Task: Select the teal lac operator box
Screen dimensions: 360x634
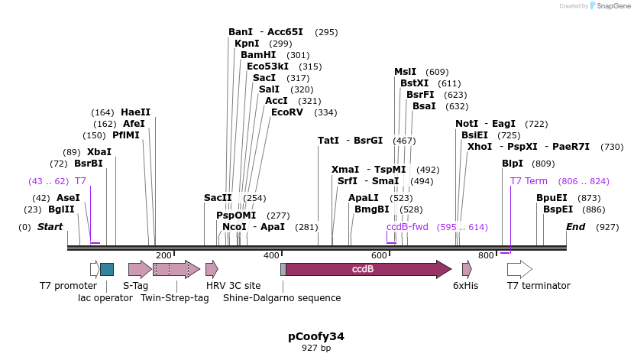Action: pyautogui.click(x=107, y=269)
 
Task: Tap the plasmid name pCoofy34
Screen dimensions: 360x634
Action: pyautogui.click(x=316, y=336)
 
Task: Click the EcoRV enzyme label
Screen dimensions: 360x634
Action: pyautogui.click(x=287, y=112)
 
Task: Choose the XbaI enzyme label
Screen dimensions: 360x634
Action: pyautogui.click(x=99, y=152)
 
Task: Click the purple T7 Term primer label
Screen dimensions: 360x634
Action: pyautogui.click(x=529, y=181)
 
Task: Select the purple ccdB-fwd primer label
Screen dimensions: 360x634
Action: pyautogui.click(x=407, y=227)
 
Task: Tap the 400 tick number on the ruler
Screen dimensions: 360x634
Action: pyautogui.click(x=271, y=255)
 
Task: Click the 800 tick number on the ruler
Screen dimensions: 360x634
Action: pyautogui.click(x=487, y=255)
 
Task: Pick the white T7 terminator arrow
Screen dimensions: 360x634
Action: pyautogui.click(x=519, y=269)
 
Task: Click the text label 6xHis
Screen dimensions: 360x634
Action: pyautogui.click(x=465, y=286)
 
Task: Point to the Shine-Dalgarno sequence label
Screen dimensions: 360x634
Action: pyautogui.click(x=282, y=298)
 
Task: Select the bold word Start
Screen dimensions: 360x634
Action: pyautogui.click(x=50, y=227)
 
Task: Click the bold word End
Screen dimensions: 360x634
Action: pyautogui.click(x=575, y=227)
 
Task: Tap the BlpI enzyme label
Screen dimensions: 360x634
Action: pyautogui.click(x=513, y=164)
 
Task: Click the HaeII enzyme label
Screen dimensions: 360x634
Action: pyautogui.click(x=136, y=112)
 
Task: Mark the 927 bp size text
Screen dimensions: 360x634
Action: pyautogui.click(x=316, y=349)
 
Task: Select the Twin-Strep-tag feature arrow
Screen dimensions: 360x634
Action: pyautogui.click(x=176, y=269)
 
